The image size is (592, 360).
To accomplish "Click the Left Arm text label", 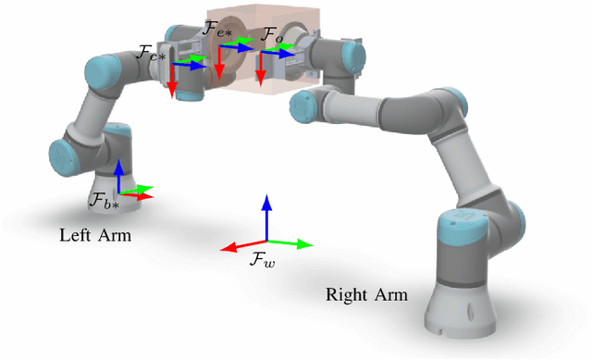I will coord(95,235).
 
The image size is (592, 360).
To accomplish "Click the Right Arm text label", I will coord(365,295).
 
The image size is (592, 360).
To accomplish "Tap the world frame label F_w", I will coord(263,260).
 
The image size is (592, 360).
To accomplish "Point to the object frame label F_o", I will coord(270,35).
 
